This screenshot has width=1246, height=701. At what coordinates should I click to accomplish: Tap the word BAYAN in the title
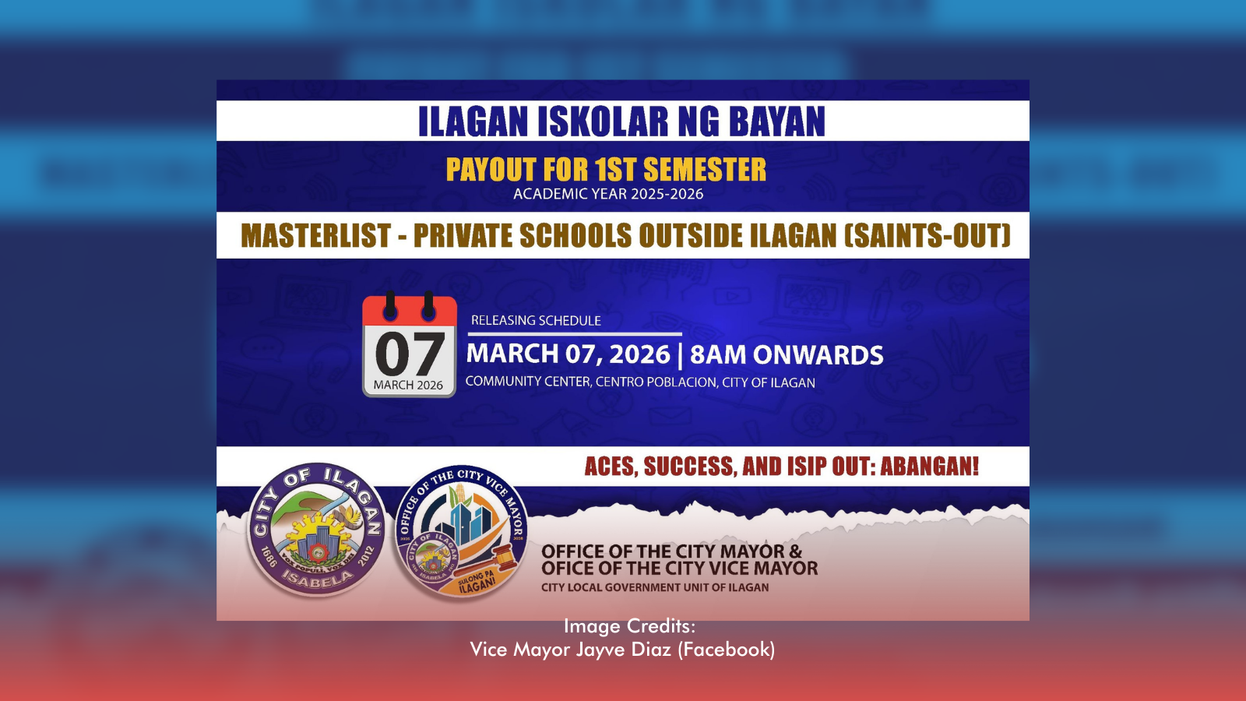click(x=776, y=122)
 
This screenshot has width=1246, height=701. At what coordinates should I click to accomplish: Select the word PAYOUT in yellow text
click(x=491, y=170)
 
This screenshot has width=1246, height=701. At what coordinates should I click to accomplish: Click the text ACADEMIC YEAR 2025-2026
click(x=607, y=194)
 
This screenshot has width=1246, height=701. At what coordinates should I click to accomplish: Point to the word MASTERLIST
click(x=315, y=236)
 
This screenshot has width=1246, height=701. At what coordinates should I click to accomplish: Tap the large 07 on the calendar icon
click(x=410, y=354)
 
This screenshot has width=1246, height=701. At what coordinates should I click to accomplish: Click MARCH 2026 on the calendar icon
click(x=408, y=385)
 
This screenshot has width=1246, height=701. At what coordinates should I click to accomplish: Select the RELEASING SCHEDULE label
click(x=536, y=320)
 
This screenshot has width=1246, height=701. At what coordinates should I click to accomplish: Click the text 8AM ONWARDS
click(x=787, y=355)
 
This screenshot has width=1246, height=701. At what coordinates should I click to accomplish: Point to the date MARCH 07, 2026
click(x=568, y=354)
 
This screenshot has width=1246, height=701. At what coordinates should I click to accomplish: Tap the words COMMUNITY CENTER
click(x=527, y=382)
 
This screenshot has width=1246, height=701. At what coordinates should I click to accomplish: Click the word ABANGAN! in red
click(x=929, y=467)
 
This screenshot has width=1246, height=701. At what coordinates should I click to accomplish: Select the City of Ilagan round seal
click(x=317, y=530)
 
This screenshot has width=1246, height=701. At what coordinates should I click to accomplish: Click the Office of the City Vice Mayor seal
click(x=461, y=532)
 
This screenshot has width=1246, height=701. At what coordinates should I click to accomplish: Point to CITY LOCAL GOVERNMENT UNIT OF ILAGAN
click(x=655, y=587)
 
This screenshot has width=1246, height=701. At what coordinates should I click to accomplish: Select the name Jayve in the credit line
click(x=600, y=650)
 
